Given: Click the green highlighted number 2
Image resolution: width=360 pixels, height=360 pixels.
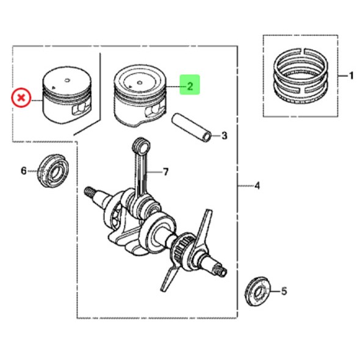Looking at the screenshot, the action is [190, 85].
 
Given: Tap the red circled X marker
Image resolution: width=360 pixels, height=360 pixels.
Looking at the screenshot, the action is [21, 98].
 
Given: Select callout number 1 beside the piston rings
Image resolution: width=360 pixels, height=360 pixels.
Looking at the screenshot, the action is [351, 76].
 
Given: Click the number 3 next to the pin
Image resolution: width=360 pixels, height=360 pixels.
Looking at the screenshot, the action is [224, 135].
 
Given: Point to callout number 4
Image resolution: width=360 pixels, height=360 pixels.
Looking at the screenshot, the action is [257, 185].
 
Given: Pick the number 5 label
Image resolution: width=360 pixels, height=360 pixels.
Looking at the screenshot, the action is [284, 291].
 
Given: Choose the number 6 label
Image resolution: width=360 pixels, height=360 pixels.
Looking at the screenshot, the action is [24, 171].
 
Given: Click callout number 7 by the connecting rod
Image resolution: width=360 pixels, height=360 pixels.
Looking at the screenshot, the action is [165, 171].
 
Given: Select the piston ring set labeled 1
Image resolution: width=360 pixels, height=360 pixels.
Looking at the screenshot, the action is [301, 76].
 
